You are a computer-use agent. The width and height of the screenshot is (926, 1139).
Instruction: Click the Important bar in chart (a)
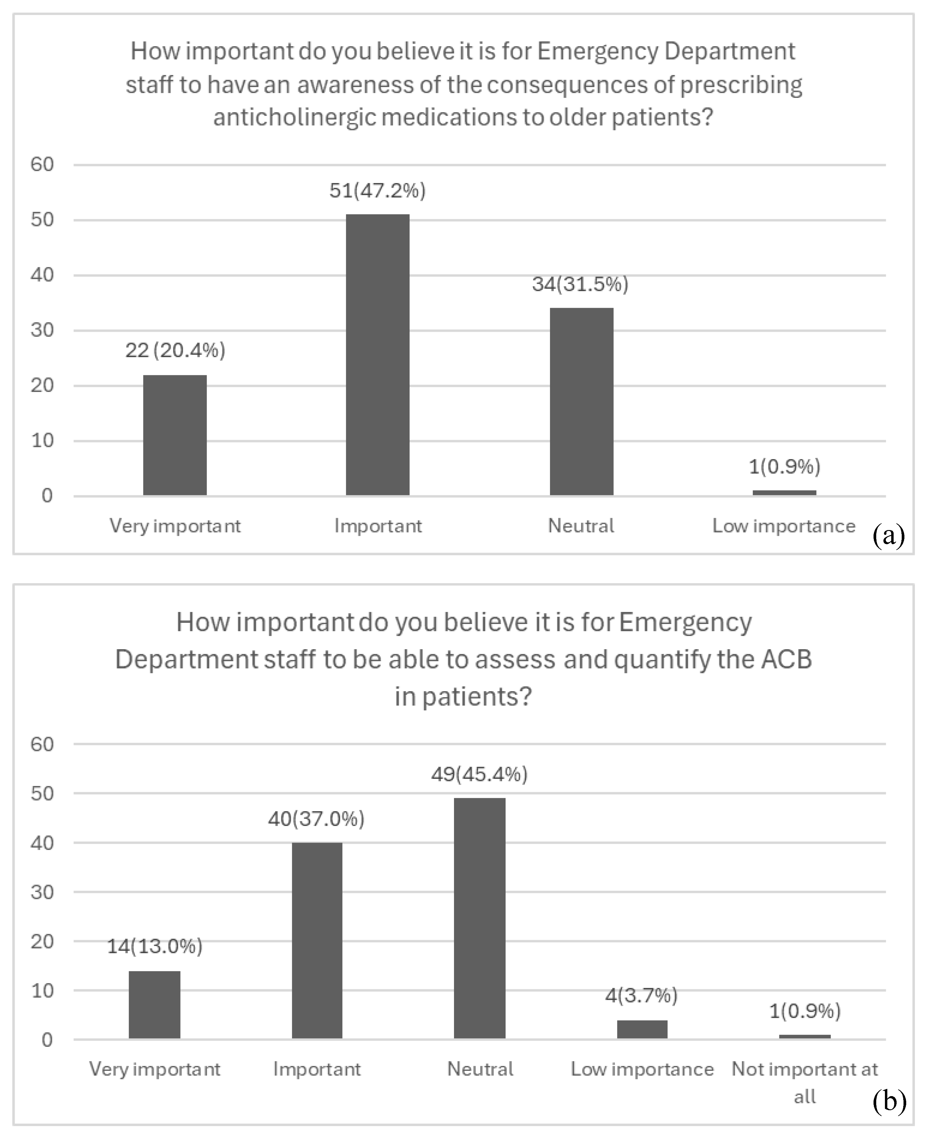click(378, 355)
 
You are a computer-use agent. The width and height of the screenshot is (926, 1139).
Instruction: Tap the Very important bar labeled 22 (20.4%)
click(175, 435)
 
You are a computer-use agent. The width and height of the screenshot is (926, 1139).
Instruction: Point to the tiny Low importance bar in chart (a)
click(784, 493)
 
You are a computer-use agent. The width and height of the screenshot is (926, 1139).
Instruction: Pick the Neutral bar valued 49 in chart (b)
click(479, 918)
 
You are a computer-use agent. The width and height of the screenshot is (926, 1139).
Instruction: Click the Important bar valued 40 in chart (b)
click(317, 940)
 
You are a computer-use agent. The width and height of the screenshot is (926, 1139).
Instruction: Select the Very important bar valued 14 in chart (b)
click(155, 1004)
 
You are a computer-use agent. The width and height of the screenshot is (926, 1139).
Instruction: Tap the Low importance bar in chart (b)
click(642, 1029)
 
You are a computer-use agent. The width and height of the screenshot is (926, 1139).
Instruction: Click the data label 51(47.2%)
click(378, 190)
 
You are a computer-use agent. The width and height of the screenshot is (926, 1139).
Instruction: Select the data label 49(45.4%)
click(479, 774)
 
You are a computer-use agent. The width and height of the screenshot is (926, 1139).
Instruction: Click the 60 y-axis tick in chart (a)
click(42, 164)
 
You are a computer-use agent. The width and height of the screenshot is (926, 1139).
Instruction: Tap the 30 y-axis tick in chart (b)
click(42, 892)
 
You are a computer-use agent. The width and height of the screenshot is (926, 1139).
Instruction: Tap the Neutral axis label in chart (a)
click(581, 526)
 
